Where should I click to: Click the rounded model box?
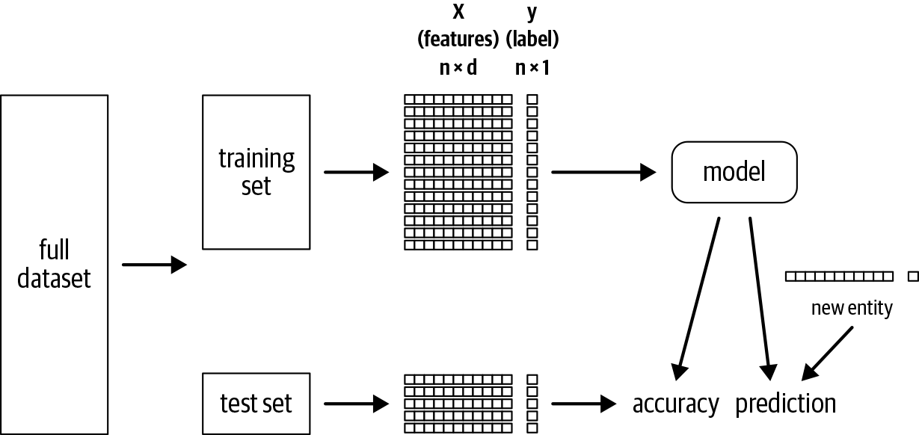click(734, 172)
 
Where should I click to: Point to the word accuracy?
click(675, 404)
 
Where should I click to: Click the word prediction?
click(785, 404)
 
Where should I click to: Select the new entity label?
click(851, 308)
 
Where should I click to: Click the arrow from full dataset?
click(153, 265)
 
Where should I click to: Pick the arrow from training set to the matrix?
click(356, 173)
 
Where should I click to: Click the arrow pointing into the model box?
click(603, 173)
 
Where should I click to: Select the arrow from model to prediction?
click(759, 294)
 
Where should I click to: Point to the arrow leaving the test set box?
click(356, 404)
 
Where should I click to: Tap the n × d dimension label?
click(458, 68)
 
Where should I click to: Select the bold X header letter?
click(458, 13)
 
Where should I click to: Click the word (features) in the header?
click(458, 39)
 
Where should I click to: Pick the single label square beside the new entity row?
click(912, 277)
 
